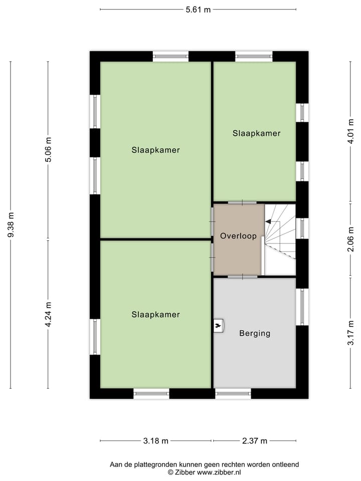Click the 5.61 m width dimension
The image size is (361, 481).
click(198, 10)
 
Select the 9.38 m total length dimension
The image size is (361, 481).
click(11, 225)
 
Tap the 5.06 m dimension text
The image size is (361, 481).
click(48, 149)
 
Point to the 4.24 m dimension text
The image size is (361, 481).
click(48, 314)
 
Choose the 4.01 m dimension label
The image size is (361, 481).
click(350, 132)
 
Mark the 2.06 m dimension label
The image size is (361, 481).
click(350, 239)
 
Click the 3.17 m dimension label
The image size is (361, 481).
click(350, 332)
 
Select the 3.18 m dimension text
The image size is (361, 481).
click(155, 441)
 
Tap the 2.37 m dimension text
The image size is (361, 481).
click(254, 441)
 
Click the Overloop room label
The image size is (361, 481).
click(238, 236)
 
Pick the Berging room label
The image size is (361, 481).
click(255, 333)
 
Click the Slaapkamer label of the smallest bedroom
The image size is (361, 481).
click(256, 133)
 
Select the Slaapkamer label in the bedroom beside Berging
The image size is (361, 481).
click(155, 315)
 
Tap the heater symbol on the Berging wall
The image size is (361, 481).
click(218, 326)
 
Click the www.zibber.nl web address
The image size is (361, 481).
click(219, 472)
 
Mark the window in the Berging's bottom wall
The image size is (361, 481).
click(233, 394)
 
